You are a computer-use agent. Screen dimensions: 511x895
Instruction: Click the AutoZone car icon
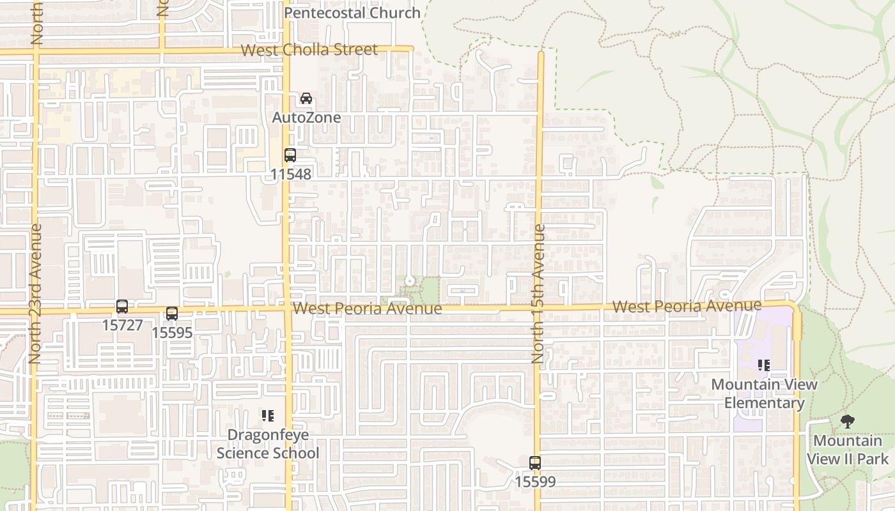(x=306, y=98)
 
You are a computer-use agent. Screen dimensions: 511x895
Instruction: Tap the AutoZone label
(x=306, y=118)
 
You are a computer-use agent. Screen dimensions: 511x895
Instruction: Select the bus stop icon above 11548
(x=290, y=155)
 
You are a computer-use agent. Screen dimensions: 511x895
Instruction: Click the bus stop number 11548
(x=290, y=174)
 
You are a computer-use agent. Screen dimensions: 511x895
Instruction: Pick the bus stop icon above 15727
(x=122, y=306)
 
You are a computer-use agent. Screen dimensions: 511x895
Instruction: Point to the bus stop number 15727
(x=122, y=325)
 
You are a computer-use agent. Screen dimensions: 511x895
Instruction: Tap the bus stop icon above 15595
(x=172, y=314)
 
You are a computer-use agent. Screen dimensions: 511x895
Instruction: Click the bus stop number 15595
(x=172, y=333)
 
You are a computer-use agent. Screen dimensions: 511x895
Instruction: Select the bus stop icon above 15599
(x=535, y=462)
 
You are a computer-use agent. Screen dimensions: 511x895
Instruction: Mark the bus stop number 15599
(x=535, y=482)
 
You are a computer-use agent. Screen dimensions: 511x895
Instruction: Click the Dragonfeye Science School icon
(x=268, y=416)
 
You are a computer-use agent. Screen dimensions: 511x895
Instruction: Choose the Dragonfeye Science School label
(x=268, y=444)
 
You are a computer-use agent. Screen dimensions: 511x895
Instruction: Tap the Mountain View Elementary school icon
(x=764, y=365)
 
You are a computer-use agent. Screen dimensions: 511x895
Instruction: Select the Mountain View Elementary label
(x=764, y=393)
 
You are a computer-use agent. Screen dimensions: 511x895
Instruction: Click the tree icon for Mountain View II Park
(x=848, y=422)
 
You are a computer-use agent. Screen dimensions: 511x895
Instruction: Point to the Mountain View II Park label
(x=848, y=450)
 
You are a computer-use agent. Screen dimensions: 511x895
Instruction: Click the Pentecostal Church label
(x=352, y=13)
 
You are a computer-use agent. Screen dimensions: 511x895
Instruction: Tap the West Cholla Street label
(x=309, y=50)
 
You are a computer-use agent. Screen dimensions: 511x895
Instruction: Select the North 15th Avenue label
(x=539, y=294)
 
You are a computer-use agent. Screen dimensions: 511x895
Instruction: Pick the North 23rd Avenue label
(x=35, y=294)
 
